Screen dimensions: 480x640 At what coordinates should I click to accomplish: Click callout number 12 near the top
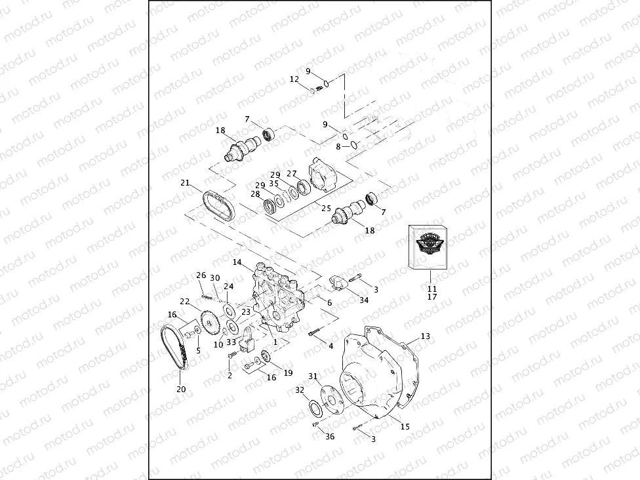[294, 79]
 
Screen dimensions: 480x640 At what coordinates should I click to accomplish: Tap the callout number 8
[338, 147]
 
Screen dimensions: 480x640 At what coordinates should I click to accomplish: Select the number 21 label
[185, 183]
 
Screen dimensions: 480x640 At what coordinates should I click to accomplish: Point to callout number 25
[326, 208]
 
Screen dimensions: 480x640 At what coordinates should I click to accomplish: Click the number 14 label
[237, 262]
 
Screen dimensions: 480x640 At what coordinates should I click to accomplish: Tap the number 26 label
[201, 275]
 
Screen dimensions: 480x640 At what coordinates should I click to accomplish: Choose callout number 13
[426, 336]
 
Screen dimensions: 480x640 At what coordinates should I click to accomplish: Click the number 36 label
[330, 437]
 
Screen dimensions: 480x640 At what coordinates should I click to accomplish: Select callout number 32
[300, 390]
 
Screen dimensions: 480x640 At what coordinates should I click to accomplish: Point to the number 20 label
[181, 389]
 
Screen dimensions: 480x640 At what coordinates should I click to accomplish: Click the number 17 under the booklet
[431, 297]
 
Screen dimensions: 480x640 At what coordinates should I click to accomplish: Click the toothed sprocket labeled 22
[210, 322]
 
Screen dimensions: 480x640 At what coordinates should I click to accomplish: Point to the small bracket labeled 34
[338, 283]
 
